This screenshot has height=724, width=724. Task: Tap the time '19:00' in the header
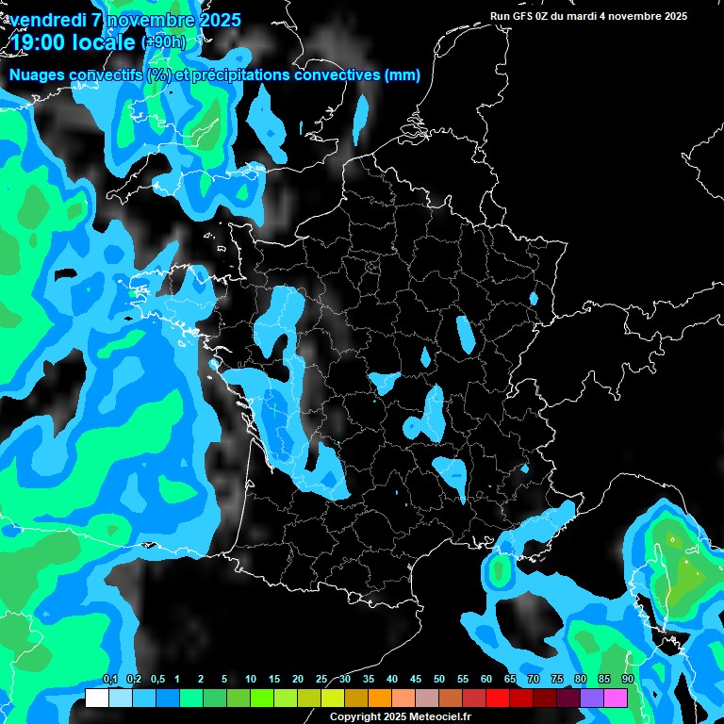(x=37, y=41)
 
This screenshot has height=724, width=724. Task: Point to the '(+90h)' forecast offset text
(x=163, y=42)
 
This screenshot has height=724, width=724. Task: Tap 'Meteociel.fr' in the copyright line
(x=439, y=717)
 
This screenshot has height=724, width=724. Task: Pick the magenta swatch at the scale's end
(x=616, y=698)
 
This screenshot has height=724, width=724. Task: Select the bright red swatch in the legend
(x=497, y=698)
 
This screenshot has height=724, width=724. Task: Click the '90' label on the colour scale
(x=627, y=679)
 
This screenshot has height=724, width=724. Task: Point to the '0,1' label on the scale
(x=109, y=679)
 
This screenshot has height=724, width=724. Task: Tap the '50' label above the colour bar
(x=439, y=679)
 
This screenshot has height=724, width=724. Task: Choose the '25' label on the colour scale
(x=321, y=679)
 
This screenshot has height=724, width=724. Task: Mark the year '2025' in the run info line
(x=671, y=16)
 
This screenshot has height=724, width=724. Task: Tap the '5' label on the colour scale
(x=224, y=679)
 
